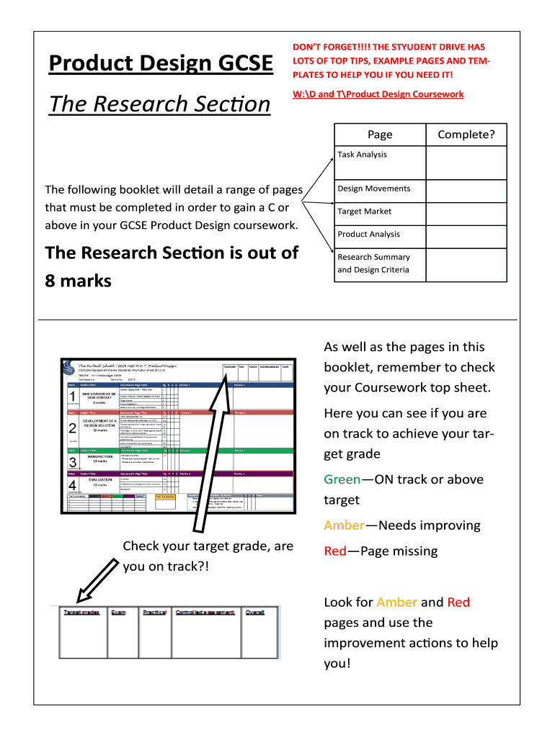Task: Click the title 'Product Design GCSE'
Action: (x=161, y=64)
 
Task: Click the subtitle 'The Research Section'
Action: (x=159, y=104)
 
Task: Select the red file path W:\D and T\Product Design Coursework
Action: (x=378, y=94)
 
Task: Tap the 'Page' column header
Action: (x=380, y=135)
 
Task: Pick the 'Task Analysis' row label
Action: (x=363, y=155)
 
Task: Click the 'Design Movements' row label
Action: (x=374, y=189)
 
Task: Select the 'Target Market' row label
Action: (x=365, y=212)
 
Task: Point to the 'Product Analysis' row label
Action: (x=369, y=234)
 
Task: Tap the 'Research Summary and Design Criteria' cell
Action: (x=373, y=263)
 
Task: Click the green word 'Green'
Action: (x=342, y=480)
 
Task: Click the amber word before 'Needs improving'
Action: (x=345, y=525)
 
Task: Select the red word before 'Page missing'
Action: (x=335, y=551)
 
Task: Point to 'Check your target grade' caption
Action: (x=208, y=546)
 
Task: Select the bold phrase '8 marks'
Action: (x=78, y=281)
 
